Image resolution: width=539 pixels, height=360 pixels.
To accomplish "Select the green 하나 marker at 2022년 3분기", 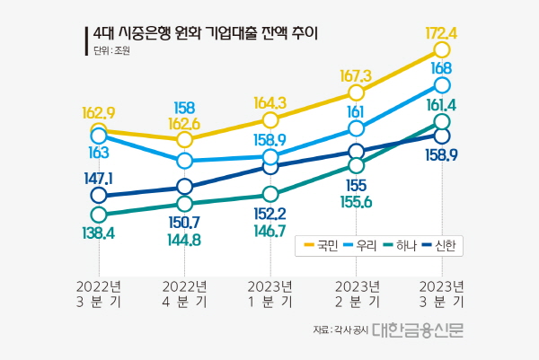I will (98, 215).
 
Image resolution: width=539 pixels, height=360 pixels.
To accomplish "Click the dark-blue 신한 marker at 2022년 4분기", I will (184, 187).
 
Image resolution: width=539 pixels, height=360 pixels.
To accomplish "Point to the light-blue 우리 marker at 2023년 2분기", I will (357, 129).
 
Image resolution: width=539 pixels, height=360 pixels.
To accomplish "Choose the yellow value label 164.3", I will (270, 102).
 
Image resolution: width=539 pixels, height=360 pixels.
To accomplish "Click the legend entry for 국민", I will (327, 245).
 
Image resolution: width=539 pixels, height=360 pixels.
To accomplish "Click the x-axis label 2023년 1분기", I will (270, 294).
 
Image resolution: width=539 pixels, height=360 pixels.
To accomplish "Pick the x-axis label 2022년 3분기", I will (98, 294).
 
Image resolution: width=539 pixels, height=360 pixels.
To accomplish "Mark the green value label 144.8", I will (184, 240).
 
